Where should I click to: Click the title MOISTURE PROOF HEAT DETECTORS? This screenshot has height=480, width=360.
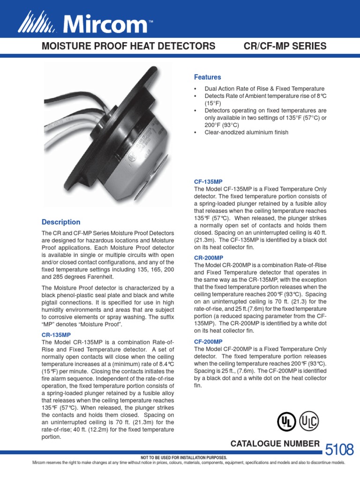(x=129, y=46)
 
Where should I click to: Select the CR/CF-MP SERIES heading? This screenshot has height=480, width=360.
(x=285, y=46)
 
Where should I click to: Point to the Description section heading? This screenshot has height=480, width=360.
(x=61, y=222)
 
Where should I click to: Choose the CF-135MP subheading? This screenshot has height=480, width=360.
(x=208, y=180)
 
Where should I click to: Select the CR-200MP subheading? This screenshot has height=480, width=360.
(x=208, y=258)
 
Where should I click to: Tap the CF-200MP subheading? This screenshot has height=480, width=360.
(x=208, y=342)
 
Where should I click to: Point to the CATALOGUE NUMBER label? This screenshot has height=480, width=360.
(x=274, y=444)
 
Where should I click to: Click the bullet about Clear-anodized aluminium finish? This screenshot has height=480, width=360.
(x=247, y=132)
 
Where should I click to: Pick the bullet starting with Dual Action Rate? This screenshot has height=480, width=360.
(x=264, y=89)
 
